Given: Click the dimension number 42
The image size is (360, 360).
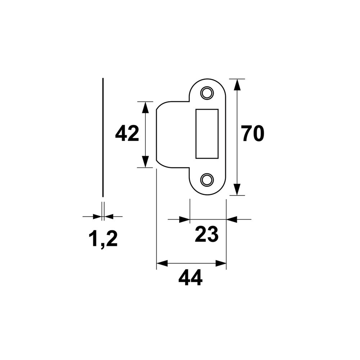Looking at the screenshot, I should pyautogui.click(x=127, y=134).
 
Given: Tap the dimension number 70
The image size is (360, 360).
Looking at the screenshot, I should pyautogui.click(x=252, y=134).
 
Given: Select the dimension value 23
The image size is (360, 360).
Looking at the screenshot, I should pyautogui.click(x=207, y=235).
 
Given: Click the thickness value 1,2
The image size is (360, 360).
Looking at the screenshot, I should pyautogui.click(x=103, y=239).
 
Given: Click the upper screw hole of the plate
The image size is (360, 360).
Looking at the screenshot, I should pyautogui.click(x=207, y=93).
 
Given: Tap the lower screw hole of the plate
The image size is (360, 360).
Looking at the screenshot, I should pyautogui.click(x=207, y=180).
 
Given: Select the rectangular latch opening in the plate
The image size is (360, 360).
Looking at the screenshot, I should pyautogui.click(x=207, y=134).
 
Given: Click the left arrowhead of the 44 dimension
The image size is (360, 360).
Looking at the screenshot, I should pyautogui.click(x=162, y=264).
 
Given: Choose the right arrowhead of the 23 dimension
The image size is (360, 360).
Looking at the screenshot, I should pyautogui.click(x=232, y=219).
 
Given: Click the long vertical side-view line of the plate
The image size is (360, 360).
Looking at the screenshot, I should pyautogui.click(x=103, y=137).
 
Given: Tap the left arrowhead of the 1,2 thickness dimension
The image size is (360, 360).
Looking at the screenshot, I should pyautogui.click(x=97, y=216).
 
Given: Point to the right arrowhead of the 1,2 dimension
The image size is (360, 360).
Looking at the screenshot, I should pyautogui.click(x=109, y=216).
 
